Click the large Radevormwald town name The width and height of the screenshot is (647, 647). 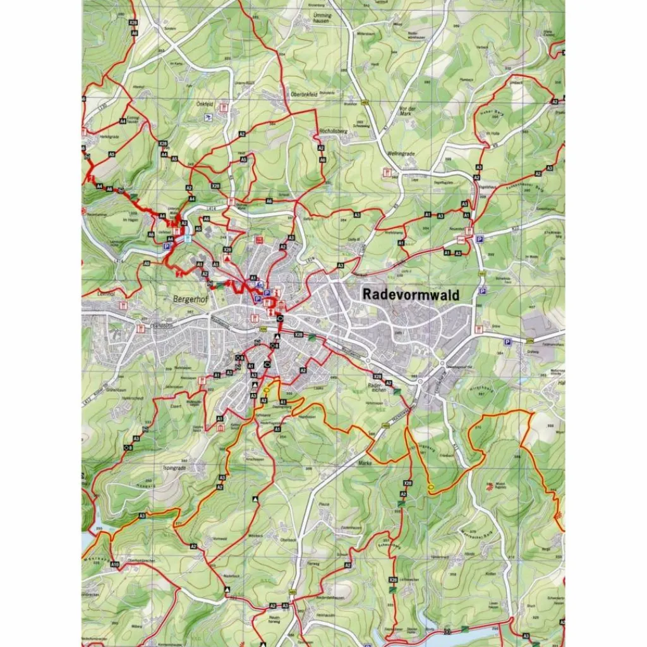pyautogui.click(x=411, y=294)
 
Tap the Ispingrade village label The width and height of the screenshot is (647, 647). pyautogui.click(x=174, y=468)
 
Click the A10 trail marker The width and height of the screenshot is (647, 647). pyautogui.click(x=114, y=564)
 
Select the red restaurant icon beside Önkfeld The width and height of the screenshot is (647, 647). pyautogui.click(x=222, y=109)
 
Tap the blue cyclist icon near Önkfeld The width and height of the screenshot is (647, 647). pyautogui.click(x=207, y=118)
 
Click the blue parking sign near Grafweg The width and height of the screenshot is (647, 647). pyautogui.click(x=507, y=342)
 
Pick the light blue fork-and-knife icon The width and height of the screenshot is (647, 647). pyautogui.click(x=188, y=238)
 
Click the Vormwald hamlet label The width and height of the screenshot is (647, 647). pyautogui.click(x=220, y=538)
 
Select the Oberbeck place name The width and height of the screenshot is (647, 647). pyautogui.click(x=287, y=540)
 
